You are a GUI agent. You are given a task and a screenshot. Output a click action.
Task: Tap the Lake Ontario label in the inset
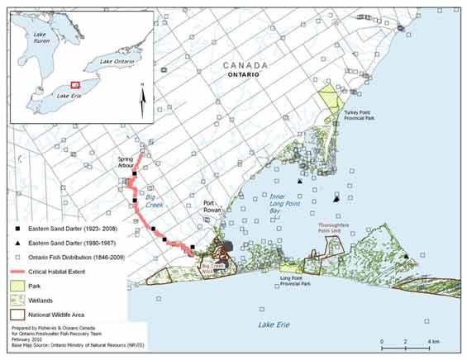(x=117, y=61)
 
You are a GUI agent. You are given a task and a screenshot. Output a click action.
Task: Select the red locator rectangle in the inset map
(x=75, y=85)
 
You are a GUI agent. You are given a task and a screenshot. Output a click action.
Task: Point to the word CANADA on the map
(x=244, y=65)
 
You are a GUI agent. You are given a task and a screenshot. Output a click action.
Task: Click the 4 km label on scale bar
(x=432, y=341)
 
